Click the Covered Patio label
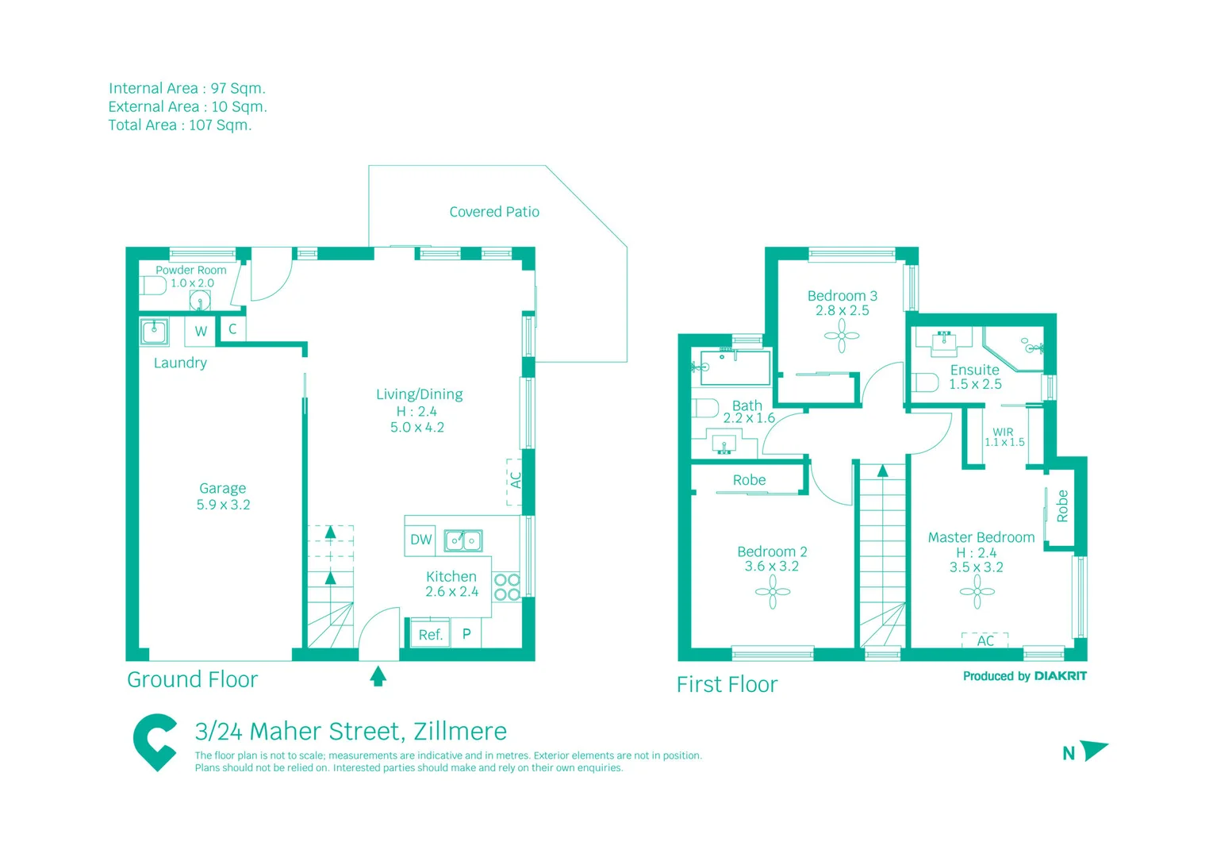point(494,212)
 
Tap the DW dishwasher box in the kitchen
point(420,540)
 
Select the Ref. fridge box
point(429,634)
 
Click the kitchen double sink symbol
point(463,540)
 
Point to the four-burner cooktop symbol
point(507,587)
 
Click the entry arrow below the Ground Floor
point(378,676)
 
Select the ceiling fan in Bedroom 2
point(773,592)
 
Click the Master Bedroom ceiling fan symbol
point(977,592)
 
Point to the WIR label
point(1003,432)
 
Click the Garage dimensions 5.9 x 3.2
point(223,505)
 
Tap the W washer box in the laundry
point(201,331)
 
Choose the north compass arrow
point(1093,750)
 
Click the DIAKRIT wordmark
point(1060,676)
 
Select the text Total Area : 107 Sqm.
point(180,125)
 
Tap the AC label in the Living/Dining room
point(516,481)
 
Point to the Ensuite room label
point(974,370)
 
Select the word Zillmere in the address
point(460,731)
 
